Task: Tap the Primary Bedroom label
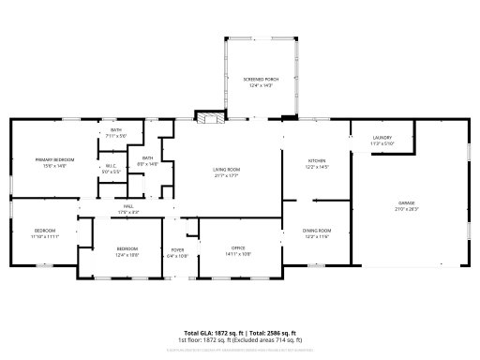tap(49, 160)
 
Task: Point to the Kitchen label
tap(317, 161)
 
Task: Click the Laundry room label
tap(382, 138)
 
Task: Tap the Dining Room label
tap(317, 230)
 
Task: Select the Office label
tap(239, 248)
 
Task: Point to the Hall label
tap(128, 206)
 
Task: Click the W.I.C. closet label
tap(111, 167)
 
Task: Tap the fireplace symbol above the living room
tap(207, 118)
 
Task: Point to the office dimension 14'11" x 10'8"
tap(239, 254)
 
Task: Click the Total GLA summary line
tap(239, 333)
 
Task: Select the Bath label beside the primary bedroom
tap(116, 130)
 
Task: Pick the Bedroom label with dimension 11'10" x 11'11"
tap(45, 231)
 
